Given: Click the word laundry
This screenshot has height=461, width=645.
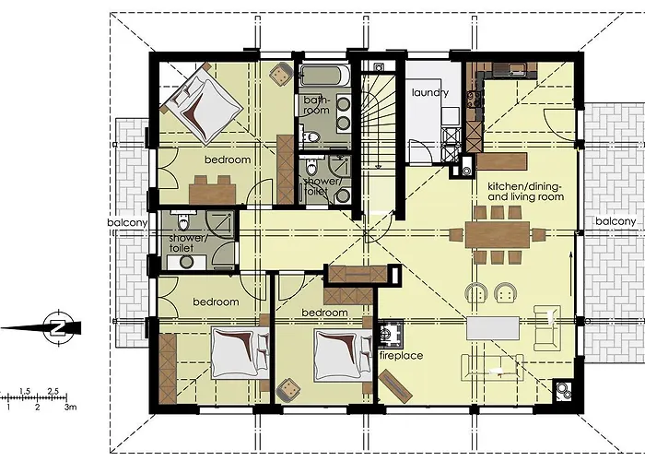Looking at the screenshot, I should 430,93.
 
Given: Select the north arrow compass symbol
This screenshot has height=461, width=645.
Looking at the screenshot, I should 57,326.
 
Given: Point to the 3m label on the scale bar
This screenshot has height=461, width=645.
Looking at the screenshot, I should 70,406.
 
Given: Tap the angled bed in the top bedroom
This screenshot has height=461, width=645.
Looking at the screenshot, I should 196,101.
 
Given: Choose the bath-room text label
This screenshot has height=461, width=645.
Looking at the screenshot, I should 315,104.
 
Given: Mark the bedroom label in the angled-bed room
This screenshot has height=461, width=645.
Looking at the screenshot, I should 228,160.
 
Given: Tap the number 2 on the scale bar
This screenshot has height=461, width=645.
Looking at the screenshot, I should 37,406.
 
